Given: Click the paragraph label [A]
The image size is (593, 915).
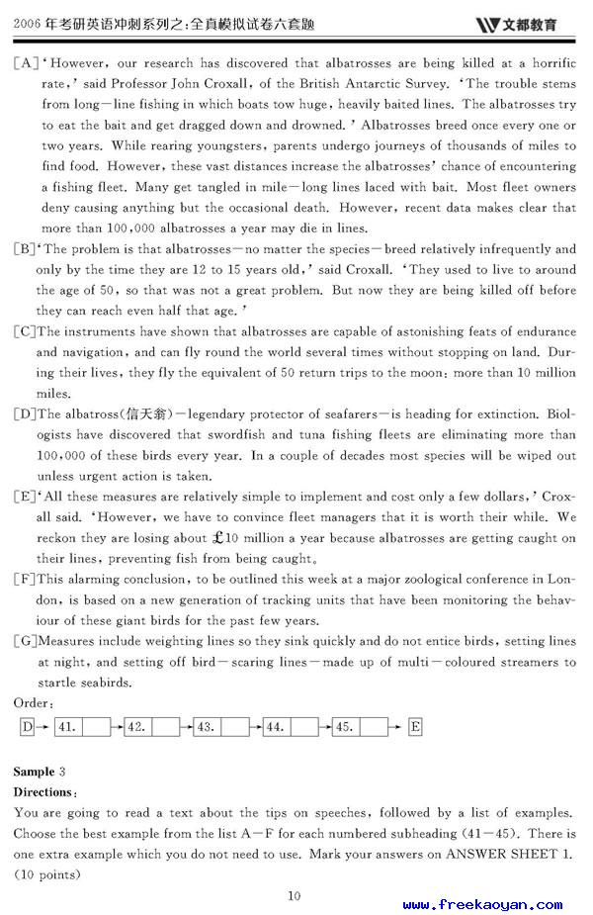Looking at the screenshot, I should tap(24, 63).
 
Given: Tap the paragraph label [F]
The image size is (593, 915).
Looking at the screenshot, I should tap(24, 580).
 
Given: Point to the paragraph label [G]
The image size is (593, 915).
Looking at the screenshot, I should tap(24, 642).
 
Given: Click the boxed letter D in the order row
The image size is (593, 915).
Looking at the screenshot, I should tap(27, 727).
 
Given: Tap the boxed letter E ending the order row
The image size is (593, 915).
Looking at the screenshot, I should tap(415, 727).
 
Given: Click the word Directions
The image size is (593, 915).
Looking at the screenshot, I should tap(43, 792).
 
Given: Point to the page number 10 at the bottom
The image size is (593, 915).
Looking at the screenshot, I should tap(294, 896).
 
